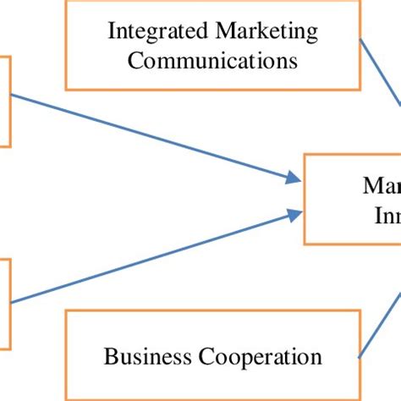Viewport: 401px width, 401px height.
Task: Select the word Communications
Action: [x=213, y=60]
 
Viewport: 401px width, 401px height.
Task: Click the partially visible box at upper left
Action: [x=5, y=102]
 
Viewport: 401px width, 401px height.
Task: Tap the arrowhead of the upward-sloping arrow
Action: [x=293, y=216]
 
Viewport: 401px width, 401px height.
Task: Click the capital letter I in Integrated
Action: [x=112, y=32]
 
